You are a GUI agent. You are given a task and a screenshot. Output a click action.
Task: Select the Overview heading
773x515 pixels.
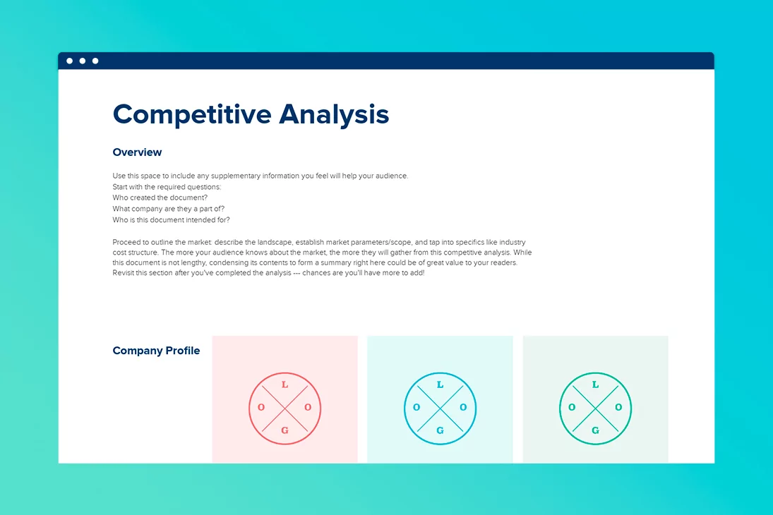[x=137, y=152]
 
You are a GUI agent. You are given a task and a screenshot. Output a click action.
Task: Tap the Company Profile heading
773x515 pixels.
[x=156, y=351]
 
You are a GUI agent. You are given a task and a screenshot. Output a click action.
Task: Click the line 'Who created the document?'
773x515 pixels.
[x=160, y=198]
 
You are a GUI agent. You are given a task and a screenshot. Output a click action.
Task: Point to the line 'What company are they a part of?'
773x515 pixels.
[x=168, y=209]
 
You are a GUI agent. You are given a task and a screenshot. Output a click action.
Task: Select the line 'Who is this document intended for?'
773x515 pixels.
[x=171, y=220]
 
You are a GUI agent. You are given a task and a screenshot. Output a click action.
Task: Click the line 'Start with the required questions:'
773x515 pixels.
[x=167, y=187]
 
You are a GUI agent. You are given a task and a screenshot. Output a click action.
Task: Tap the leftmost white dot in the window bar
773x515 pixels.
[x=70, y=61]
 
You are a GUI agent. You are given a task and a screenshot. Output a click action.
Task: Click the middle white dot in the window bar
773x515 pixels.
[x=83, y=61]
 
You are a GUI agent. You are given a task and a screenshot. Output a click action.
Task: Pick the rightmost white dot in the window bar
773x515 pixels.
[x=95, y=61]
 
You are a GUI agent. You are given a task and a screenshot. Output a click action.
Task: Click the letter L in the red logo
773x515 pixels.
[x=285, y=385]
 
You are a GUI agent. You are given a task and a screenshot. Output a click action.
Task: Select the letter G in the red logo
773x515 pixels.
[x=285, y=430]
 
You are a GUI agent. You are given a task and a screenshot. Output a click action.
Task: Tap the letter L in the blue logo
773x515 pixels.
[x=441, y=385]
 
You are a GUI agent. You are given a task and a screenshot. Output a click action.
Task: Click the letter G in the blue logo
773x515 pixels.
[x=441, y=430]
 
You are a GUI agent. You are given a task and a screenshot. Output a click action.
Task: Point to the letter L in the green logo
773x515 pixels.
[x=596, y=385]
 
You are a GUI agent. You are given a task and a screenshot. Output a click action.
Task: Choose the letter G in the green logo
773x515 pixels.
[x=596, y=430]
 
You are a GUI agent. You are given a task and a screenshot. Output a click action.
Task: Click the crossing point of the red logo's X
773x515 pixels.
[x=285, y=408]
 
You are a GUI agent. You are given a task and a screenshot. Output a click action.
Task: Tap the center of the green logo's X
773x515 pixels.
[x=596, y=408]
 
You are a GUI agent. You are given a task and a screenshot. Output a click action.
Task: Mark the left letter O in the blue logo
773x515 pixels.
[x=417, y=408]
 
